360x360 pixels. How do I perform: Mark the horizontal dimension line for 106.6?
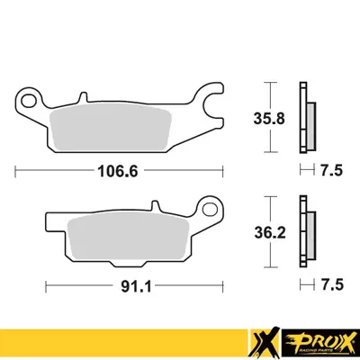click(x=54, y=168)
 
